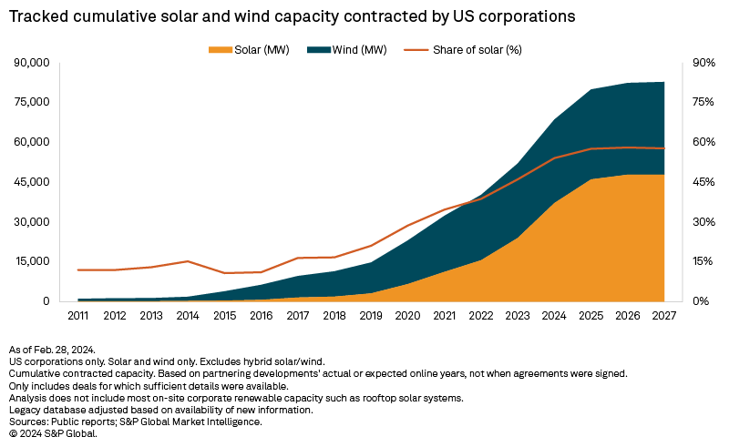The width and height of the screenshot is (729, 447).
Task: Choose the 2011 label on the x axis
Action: coord(78,316)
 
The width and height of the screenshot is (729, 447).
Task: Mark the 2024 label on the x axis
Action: coord(554,316)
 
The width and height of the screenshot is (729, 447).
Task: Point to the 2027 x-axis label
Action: coord(663,316)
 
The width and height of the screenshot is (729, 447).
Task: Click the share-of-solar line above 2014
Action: coord(188,261)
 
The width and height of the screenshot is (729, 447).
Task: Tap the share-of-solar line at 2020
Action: coord(407,226)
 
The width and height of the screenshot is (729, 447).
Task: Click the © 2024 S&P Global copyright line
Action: coord(52,433)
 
